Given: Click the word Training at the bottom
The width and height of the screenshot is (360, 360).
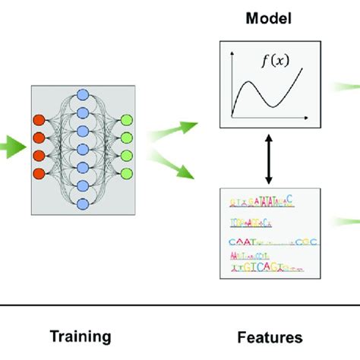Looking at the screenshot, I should [81, 336].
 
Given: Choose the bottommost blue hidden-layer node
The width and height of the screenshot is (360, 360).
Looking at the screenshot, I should [84, 199].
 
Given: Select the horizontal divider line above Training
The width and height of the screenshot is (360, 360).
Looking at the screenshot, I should [180, 305].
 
